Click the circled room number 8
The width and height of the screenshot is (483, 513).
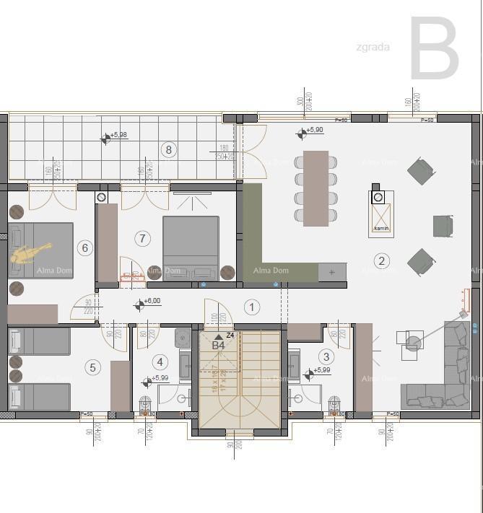[x=169, y=149]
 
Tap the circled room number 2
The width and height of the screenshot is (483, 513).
[x=382, y=261]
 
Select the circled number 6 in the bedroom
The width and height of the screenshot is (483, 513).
[x=85, y=248]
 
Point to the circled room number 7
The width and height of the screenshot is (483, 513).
[x=142, y=238]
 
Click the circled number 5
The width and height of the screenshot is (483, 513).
[x=92, y=367]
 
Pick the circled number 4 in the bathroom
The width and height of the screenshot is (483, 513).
[x=160, y=361]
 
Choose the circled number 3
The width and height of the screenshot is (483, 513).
[x=326, y=356]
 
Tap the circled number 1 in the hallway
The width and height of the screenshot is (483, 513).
[x=252, y=307]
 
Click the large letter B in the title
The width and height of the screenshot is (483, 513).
[x=434, y=49]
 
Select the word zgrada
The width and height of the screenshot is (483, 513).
[x=373, y=48]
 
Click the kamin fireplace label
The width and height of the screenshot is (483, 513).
[x=381, y=229]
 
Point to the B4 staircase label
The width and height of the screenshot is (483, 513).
[x=218, y=346]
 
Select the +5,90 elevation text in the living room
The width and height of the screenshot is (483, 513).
[x=314, y=131]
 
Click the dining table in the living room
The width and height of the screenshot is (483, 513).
[x=316, y=188]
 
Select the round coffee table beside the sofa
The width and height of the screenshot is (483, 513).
[x=412, y=343]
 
